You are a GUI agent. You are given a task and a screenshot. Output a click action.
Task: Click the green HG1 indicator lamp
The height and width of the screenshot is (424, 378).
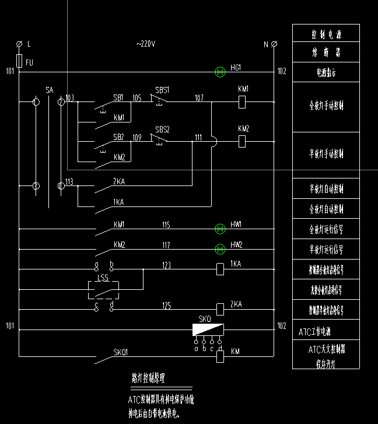click(x=220, y=72)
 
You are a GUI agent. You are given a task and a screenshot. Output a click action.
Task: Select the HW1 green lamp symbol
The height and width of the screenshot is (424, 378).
click(x=220, y=229)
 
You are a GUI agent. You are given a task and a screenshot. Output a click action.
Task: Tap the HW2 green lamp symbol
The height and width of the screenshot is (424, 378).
click(x=220, y=249)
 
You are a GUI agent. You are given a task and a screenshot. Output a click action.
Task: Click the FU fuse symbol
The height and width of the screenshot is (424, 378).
click(x=19, y=61)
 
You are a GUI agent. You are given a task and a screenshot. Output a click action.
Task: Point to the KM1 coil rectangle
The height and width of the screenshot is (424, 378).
click(x=243, y=101)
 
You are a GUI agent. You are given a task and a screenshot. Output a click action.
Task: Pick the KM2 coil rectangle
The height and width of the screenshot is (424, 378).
click(x=243, y=141)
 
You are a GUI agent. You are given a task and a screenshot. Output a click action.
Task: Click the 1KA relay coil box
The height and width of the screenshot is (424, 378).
click(x=220, y=269)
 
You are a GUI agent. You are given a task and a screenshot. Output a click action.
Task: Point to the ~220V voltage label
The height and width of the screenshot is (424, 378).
click(x=146, y=44)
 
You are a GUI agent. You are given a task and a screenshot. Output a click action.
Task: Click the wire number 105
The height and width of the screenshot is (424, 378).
click(x=137, y=97)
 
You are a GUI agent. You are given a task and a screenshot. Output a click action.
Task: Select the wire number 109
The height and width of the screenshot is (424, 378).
click(x=137, y=138)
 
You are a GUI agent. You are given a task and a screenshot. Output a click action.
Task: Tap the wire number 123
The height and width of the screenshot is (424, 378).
click(x=166, y=265)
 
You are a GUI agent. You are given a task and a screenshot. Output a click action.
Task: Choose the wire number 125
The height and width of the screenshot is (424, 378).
click(x=166, y=304)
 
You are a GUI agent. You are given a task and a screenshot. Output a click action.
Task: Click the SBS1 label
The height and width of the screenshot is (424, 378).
click(x=162, y=90)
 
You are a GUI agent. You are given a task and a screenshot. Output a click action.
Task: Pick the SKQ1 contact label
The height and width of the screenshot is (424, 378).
click(x=121, y=352)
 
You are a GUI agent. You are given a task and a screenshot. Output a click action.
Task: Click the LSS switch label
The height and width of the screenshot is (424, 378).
click(x=103, y=279)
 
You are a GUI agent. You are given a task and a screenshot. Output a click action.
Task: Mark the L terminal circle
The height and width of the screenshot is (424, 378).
click(x=19, y=44)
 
